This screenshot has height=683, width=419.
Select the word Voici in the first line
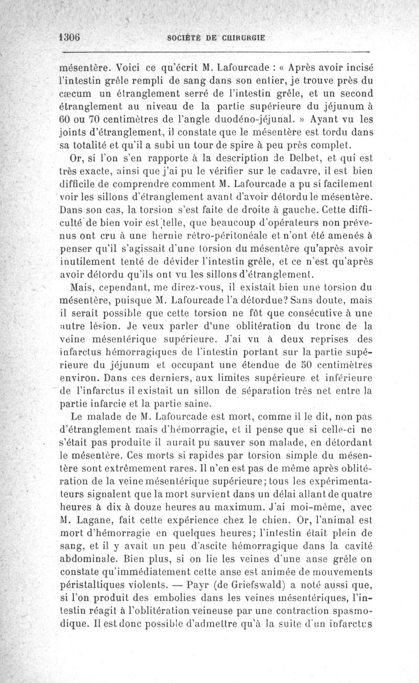click(128, 68)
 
